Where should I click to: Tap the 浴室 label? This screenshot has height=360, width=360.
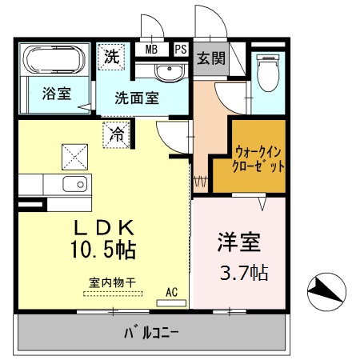pos(56,94)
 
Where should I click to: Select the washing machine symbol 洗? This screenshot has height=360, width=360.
pos(112,57)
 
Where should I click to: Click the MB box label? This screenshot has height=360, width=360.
pos(151,49)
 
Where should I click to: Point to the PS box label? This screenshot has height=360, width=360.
pos(181,49)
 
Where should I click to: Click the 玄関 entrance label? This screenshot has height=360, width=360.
pos(211,58)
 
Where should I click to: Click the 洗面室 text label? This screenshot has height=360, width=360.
pos(136,99)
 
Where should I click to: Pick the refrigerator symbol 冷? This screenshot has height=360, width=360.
pos(117,134)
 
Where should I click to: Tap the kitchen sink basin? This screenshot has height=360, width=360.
pos(76,185)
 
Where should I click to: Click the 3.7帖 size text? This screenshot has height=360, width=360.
pos(243,272)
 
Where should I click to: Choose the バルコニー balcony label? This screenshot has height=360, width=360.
pos(152,331)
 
